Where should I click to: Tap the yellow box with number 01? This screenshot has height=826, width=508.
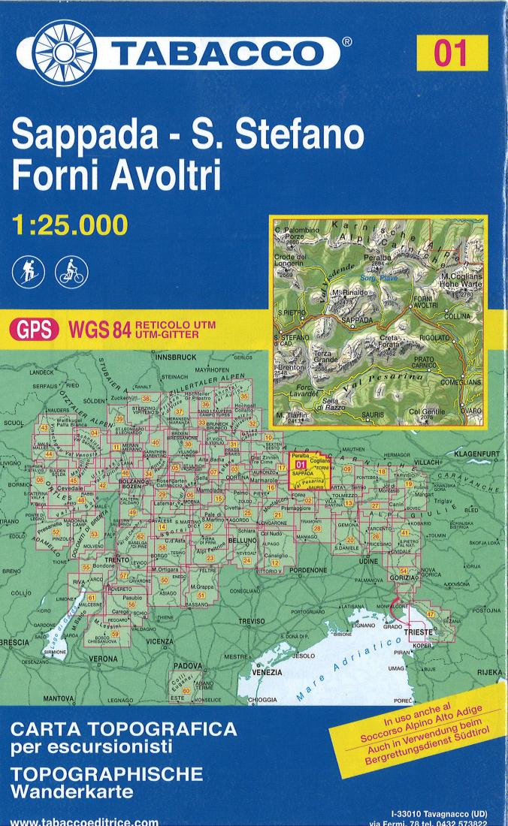tap(451, 53)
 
